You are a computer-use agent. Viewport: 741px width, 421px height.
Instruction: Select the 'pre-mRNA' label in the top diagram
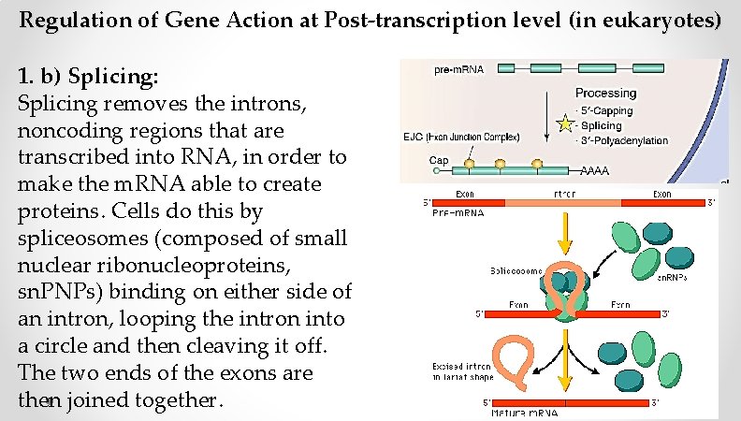coord(453,69)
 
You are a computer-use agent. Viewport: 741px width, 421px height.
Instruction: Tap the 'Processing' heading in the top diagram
coord(605,93)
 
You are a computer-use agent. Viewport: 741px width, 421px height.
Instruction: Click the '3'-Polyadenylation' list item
coord(624,140)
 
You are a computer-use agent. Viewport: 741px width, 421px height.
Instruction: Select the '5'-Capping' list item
coord(606,109)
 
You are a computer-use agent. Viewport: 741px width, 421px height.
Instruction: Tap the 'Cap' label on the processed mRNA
coord(413,160)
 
